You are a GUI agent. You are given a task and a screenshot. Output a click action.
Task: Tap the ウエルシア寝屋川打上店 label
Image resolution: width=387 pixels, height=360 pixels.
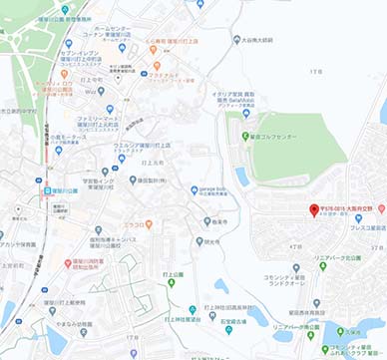(141, 146)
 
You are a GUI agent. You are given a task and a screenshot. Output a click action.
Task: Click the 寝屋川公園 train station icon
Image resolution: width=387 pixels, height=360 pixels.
(46, 189)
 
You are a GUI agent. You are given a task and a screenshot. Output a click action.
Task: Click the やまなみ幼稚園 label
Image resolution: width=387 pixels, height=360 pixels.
(82, 323)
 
